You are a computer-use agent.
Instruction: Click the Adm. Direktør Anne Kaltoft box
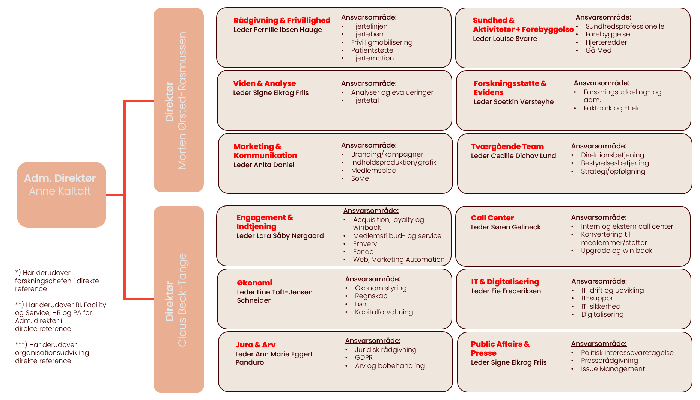[62, 195]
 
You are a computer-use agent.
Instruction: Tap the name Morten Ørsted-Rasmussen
[182, 100]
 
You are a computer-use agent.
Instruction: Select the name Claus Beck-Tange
[182, 300]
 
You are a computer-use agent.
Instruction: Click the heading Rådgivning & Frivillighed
[282, 20]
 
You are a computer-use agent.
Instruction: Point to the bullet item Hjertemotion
[372, 58]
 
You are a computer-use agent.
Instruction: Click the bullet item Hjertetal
[365, 100]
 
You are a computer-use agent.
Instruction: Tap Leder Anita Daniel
[264, 165]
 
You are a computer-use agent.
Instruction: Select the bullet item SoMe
[360, 178]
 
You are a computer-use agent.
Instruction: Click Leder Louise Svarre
[505, 39]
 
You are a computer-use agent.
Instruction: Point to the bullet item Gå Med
[598, 50]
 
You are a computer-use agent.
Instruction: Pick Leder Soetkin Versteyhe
[513, 102]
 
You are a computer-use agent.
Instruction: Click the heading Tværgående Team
[507, 146]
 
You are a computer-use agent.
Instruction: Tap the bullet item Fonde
[363, 252]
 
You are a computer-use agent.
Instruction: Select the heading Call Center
[492, 218]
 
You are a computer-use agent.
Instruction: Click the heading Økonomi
[254, 283]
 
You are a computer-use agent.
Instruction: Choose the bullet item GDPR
[364, 358]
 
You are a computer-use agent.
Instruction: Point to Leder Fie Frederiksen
[506, 291]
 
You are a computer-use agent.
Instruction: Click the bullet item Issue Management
[613, 369]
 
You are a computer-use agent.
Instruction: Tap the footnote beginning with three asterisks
[53, 353]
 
